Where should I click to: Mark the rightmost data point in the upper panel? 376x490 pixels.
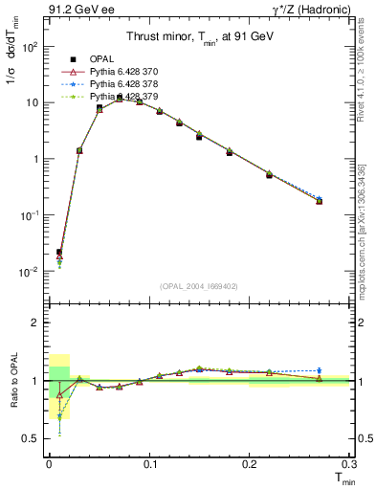pos(319,201)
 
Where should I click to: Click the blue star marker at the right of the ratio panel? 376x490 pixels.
pos(319,370)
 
